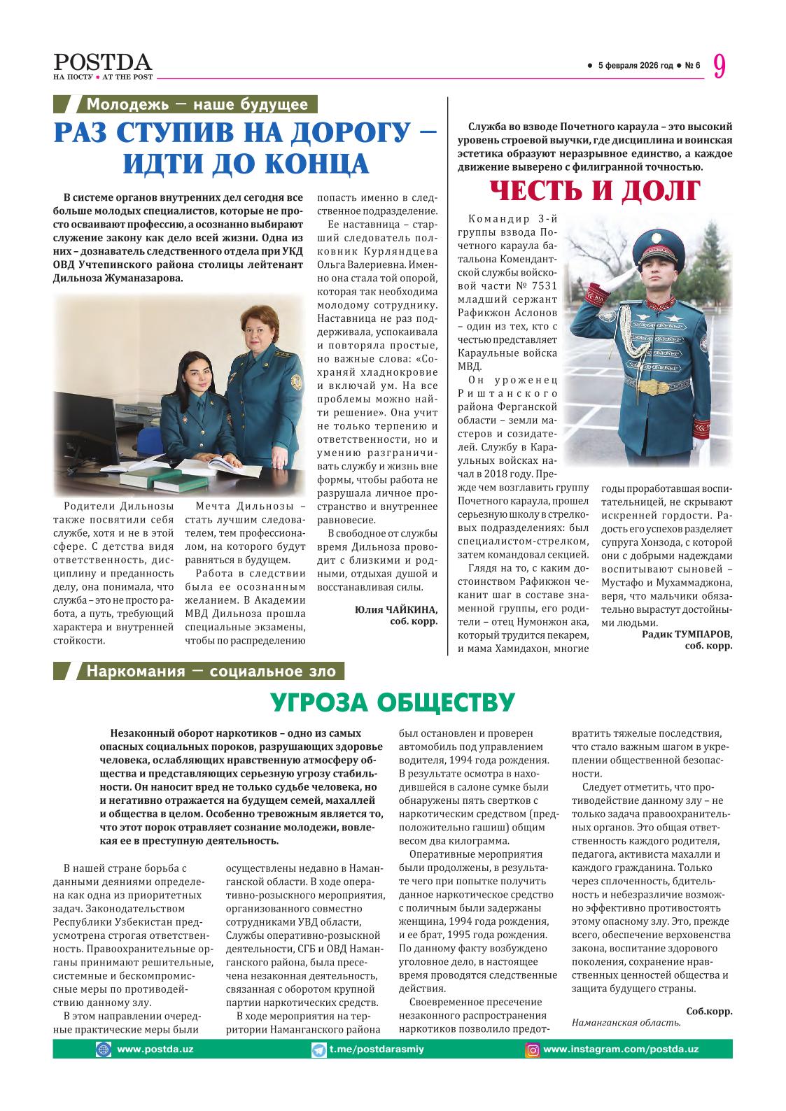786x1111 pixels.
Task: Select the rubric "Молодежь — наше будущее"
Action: tap(197, 105)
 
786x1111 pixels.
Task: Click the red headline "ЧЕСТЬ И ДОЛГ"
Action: tap(594, 190)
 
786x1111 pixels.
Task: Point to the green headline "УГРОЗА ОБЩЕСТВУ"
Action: tap(393, 702)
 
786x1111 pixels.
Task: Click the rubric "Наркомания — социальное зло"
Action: tap(211, 672)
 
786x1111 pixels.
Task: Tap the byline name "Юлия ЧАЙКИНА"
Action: tap(396, 609)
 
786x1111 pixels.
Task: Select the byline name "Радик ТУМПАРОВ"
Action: tap(687, 634)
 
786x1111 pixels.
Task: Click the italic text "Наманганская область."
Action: tap(626, 1022)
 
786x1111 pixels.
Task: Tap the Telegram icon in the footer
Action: tap(318, 1049)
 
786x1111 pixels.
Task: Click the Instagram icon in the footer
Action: tap(533, 1049)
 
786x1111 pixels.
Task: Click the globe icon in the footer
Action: tap(104, 1049)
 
